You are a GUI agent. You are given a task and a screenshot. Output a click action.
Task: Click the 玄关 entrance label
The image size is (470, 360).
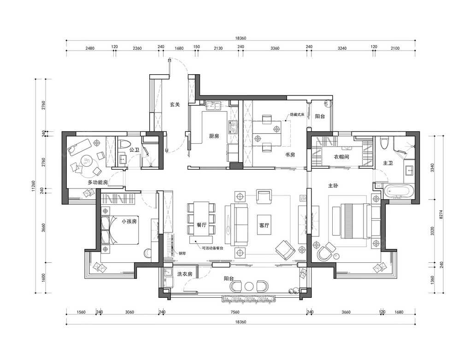(175, 105)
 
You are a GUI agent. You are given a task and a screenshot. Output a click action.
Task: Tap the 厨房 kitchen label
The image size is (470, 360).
(214, 136)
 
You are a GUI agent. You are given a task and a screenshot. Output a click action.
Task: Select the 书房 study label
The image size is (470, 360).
(290, 155)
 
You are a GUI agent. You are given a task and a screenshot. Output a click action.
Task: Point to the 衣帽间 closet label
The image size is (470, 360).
(341, 156)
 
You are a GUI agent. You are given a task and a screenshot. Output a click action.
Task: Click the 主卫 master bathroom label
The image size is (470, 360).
(388, 163)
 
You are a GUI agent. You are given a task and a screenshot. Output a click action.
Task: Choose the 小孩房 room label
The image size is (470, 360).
(129, 221)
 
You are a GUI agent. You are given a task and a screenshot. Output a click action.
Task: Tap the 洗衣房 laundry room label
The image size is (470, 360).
(185, 274)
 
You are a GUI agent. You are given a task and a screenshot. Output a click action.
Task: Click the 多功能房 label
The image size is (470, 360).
(98, 182)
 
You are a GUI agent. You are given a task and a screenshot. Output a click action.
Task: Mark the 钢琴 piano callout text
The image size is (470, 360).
(182, 253)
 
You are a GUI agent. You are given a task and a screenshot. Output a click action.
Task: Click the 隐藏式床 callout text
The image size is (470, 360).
(297, 114)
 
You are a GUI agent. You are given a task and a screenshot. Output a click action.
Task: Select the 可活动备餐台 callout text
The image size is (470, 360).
(212, 248)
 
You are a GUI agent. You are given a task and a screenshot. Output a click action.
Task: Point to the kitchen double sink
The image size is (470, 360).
(213, 106)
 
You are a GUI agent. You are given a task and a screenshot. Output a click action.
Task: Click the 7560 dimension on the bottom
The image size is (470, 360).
(235, 312)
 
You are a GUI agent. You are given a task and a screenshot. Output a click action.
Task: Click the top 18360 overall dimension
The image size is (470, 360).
(241, 38)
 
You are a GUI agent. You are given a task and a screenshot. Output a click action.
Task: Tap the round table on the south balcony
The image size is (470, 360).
(249, 286)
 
